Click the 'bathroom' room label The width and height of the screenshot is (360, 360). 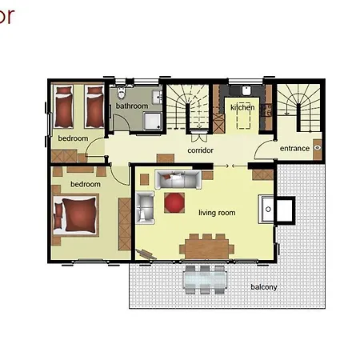[131, 106]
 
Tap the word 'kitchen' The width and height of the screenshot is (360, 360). [242, 106]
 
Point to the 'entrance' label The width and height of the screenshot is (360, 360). [294, 149]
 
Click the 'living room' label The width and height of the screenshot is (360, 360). [217, 213]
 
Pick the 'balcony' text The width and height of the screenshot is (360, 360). [264, 286]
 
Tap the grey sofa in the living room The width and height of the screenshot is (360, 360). [178, 179]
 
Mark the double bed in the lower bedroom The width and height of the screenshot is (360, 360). [77, 214]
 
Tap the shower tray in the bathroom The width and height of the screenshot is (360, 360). [150, 120]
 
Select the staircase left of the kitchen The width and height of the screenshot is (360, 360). [191, 109]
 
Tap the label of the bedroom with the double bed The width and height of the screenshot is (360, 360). [85, 184]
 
